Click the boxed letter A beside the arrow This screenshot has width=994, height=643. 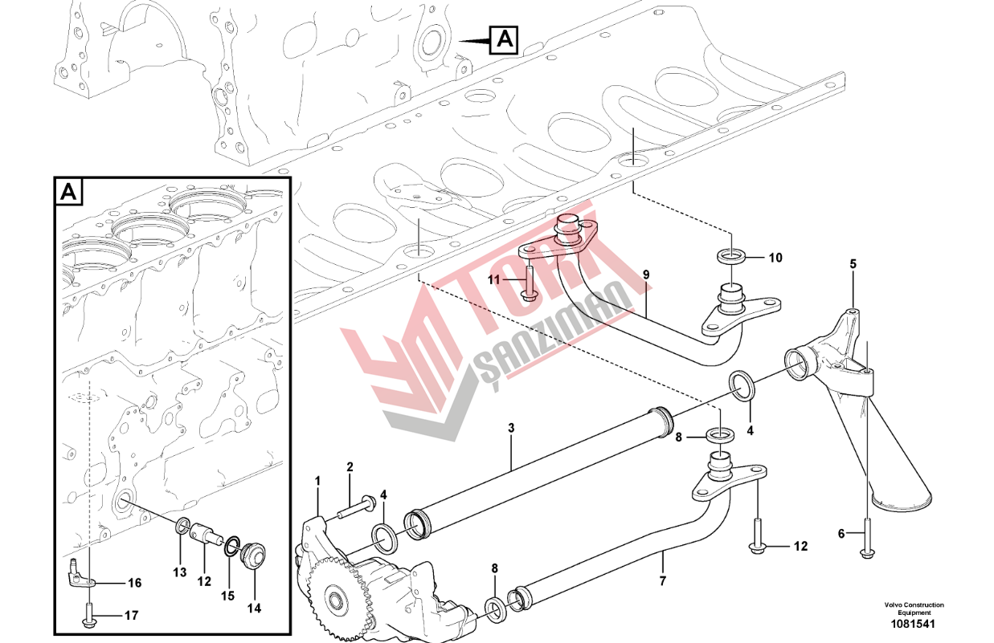click(x=504, y=40)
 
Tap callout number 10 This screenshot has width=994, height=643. click(x=775, y=258)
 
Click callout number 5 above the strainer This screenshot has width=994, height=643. click(x=853, y=264)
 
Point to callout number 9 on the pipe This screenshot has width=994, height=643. click(x=646, y=275)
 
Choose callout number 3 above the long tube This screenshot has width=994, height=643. click(x=511, y=428)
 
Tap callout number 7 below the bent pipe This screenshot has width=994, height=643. click(x=662, y=581)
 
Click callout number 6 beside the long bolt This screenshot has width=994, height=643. click(x=841, y=534)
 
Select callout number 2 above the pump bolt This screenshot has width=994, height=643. click(x=350, y=467)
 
